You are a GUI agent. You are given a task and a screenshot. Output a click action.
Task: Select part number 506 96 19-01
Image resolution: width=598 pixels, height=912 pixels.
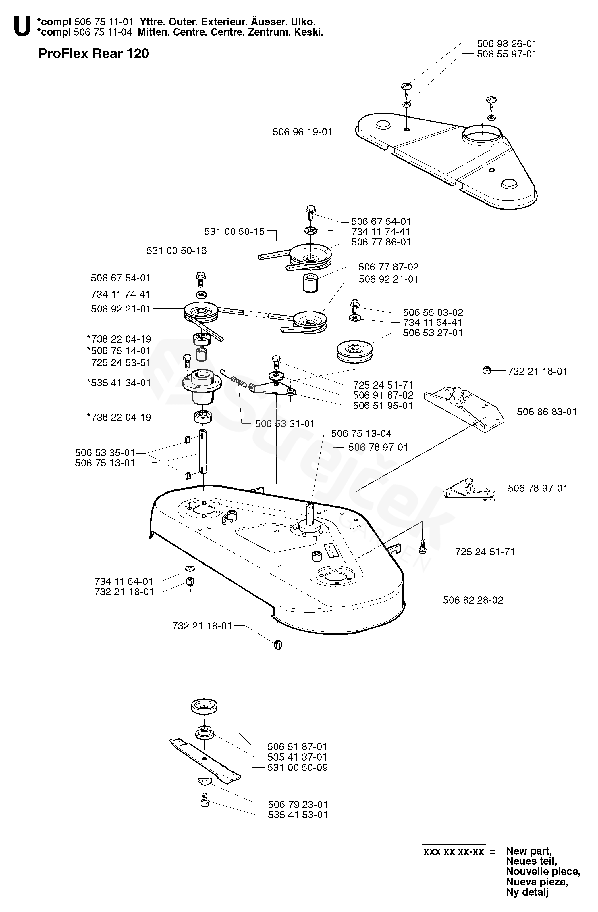(x=302, y=132)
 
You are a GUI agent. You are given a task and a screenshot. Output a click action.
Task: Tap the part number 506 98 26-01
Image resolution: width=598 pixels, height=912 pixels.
(x=506, y=44)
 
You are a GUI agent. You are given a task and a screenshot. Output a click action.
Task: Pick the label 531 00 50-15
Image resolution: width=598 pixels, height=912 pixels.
(x=234, y=231)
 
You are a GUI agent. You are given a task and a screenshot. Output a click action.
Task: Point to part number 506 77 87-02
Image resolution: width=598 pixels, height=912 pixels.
(x=388, y=267)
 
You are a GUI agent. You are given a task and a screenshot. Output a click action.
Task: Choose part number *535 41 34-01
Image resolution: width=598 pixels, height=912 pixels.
(x=119, y=383)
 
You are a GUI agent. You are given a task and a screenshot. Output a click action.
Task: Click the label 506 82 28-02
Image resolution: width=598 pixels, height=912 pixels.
(x=473, y=600)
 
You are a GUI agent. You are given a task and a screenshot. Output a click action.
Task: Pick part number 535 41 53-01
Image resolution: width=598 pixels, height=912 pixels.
(x=298, y=815)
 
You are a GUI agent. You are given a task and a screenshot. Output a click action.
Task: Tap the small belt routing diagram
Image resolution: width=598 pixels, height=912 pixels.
(x=468, y=489)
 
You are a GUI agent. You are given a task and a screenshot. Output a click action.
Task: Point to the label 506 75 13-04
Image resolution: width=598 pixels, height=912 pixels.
(x=361, y=433)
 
